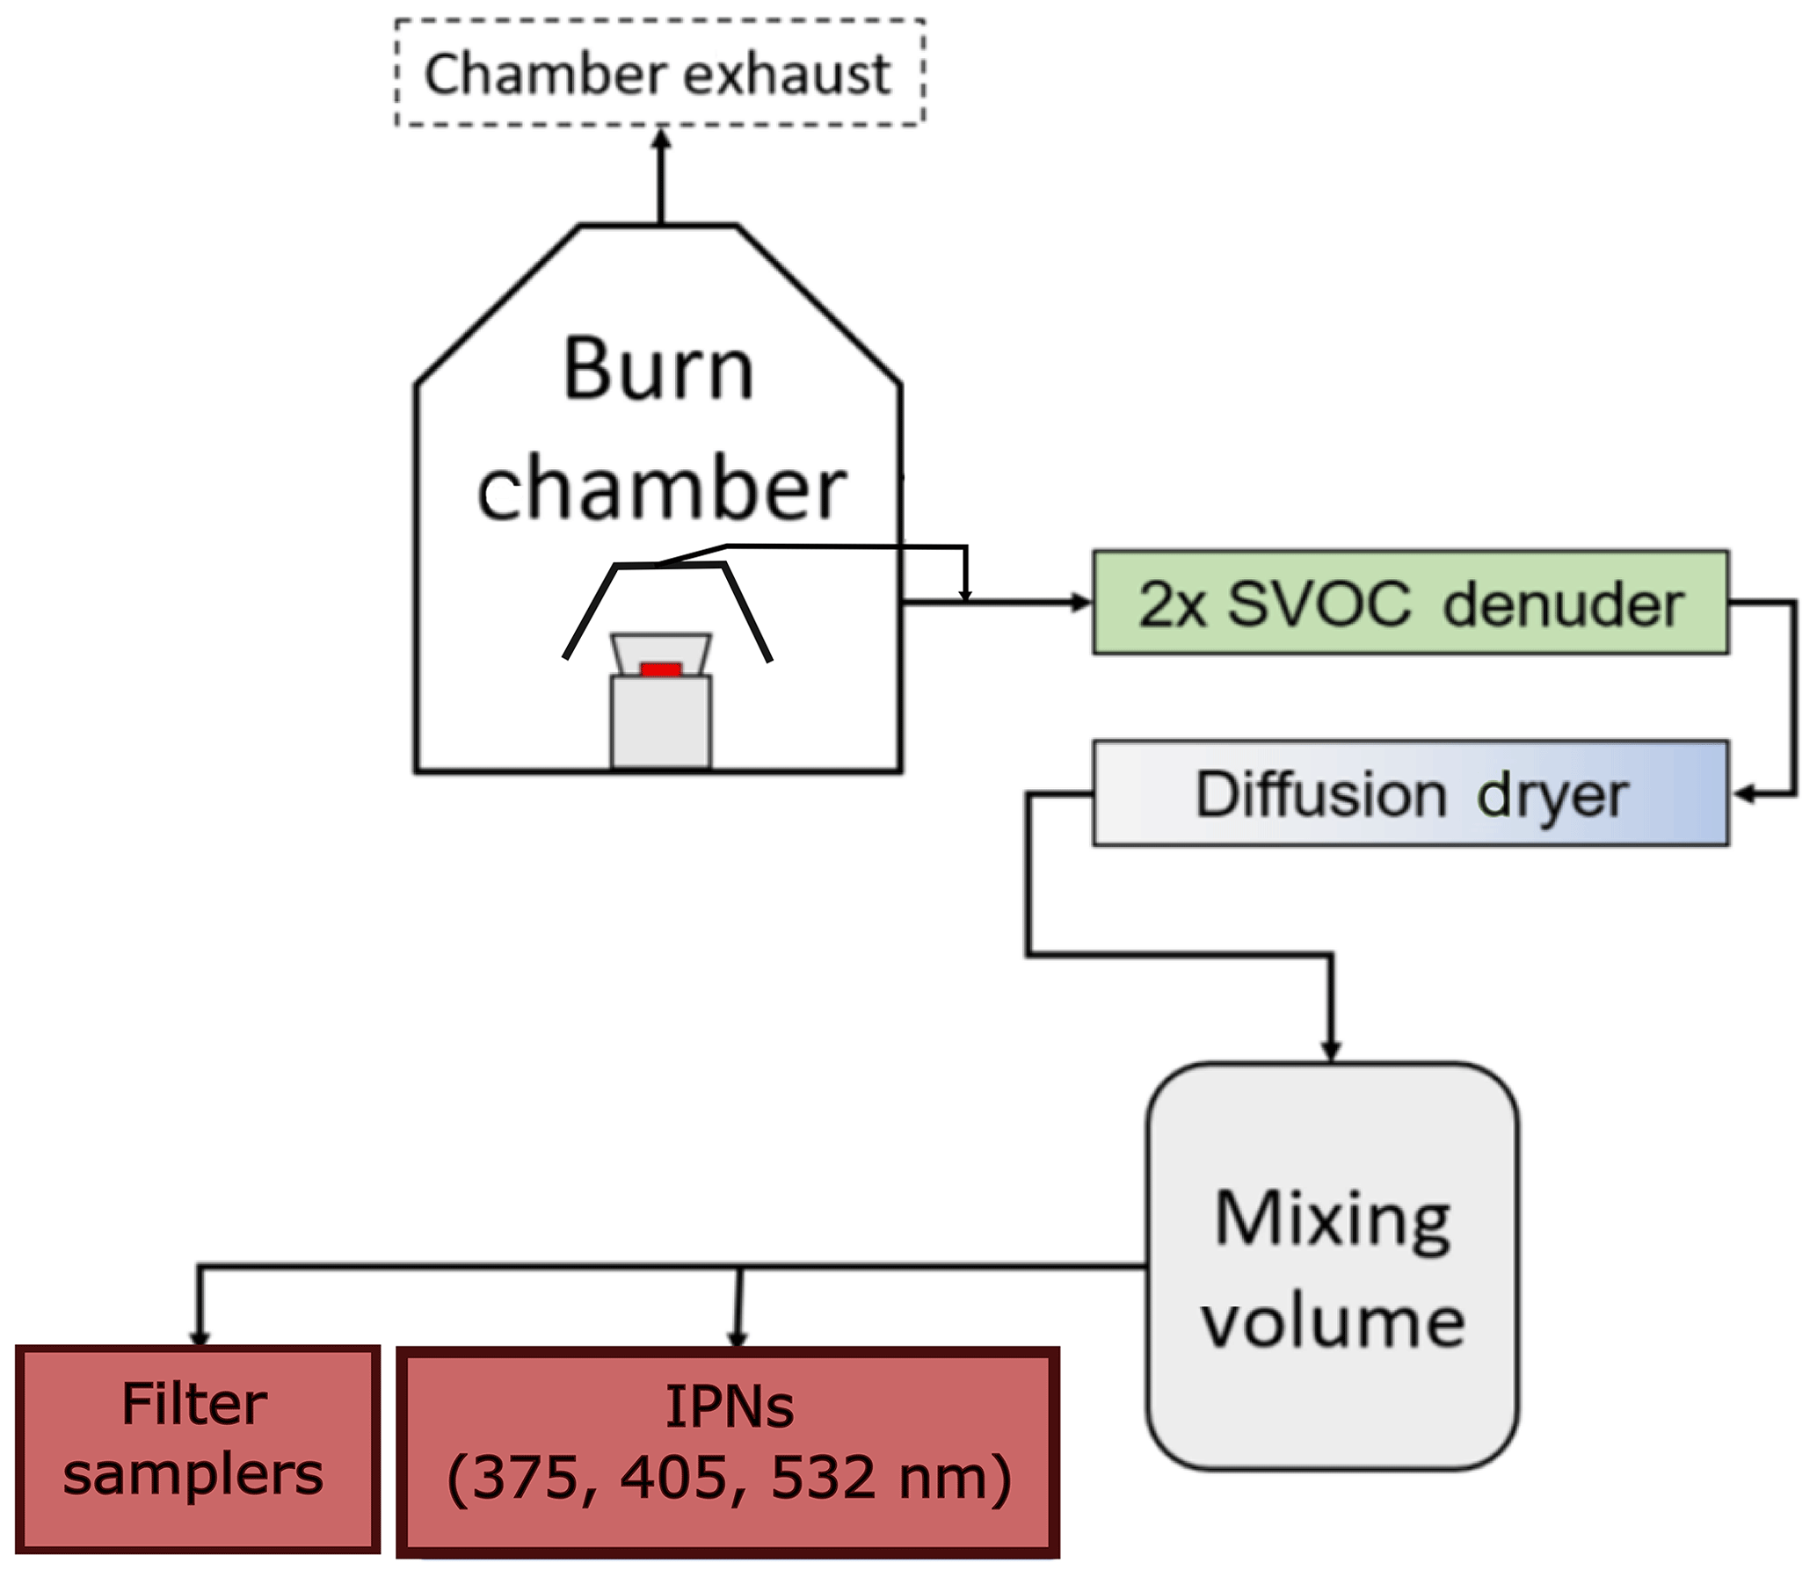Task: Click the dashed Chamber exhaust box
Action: [658, 72]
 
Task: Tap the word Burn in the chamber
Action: [658, 370]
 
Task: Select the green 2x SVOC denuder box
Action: [1410, 604]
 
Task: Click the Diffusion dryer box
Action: [1410, 794]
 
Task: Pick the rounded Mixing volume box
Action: [1332, 1268]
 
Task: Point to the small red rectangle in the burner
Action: [660, 669]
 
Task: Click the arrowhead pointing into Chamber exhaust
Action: [662, 138]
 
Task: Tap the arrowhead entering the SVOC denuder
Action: [1081, 604]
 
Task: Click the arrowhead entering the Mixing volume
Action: [1331, 1052]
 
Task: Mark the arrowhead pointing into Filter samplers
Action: [200, 1338]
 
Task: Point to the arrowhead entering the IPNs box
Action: [738, 1338]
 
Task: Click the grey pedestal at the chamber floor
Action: [661, 721]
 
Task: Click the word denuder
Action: [1564, 605]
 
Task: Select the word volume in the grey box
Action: [1333, 1323]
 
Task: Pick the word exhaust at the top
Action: [787, 74]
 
